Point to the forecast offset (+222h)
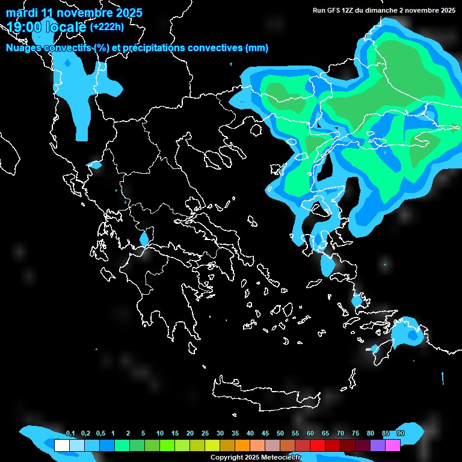pyautogui.click(x=107, y=26)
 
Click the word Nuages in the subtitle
pyautogui.click(x=23, y=48)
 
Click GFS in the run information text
pyautogui.click(x=334, y=10)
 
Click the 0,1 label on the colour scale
pyautogui.click(x=70, y=433)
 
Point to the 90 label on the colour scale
pyautogui.click(x=401, y=433)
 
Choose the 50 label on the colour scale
pyautogui.click(x=280, y=433)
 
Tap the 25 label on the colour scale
pyautogui.click(x=205, y=433)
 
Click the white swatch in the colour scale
pyautogui.click(x=61, y=445)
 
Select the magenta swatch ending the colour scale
pyautogui.click(x=393, y=445)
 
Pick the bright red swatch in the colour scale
pyautogui.click(x=318, y=445)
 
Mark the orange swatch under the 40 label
pyautogui.click(x=242, y=445)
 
